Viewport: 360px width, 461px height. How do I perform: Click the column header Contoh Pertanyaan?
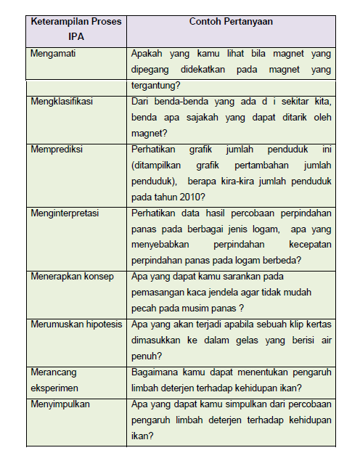pyautogui.click(x=231, y=22)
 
